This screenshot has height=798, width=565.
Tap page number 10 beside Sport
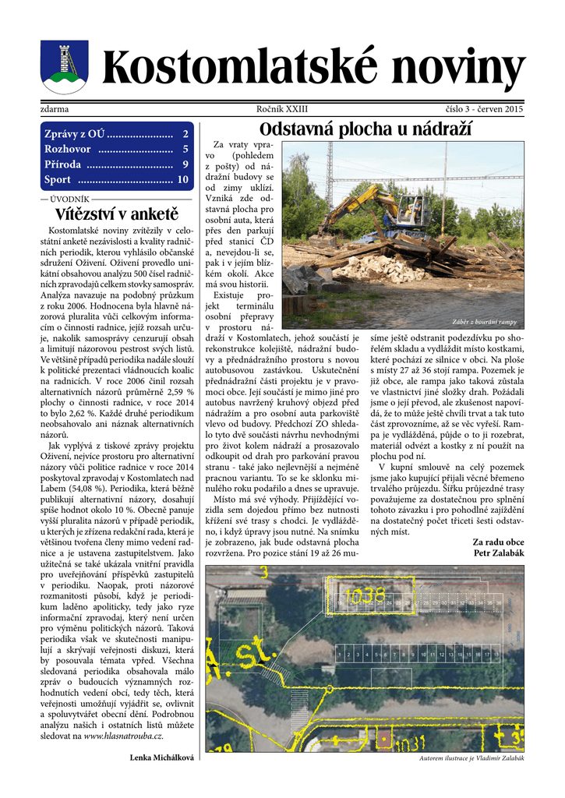pyautogui.click(x=183, y=180)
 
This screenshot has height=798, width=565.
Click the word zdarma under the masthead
pyautogui.click(x=55, y=109)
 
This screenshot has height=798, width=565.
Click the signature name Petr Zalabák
pyautogui.click(x=499, y=553)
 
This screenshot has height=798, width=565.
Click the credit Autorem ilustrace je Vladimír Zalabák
pyautogui.click(x=471, y=757)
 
